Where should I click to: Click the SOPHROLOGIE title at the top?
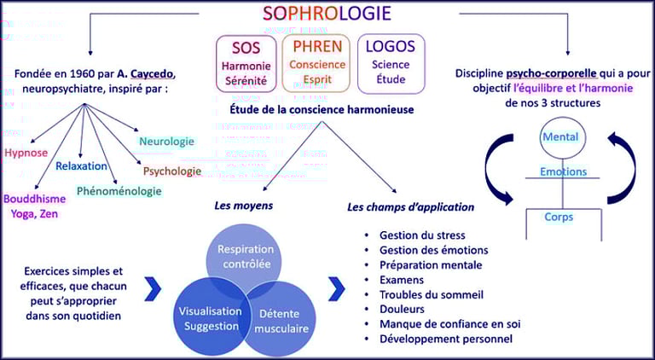pos(327,13)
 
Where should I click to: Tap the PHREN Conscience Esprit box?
pos(316,62)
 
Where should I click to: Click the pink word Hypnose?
pos(26,153)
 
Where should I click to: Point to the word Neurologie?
pos(166,141)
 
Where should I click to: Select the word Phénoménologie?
pos(119,191)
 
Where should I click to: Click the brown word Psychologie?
pos(172,171)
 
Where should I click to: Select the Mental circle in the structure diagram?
pos(560,137)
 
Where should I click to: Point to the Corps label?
pos(559,217)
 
